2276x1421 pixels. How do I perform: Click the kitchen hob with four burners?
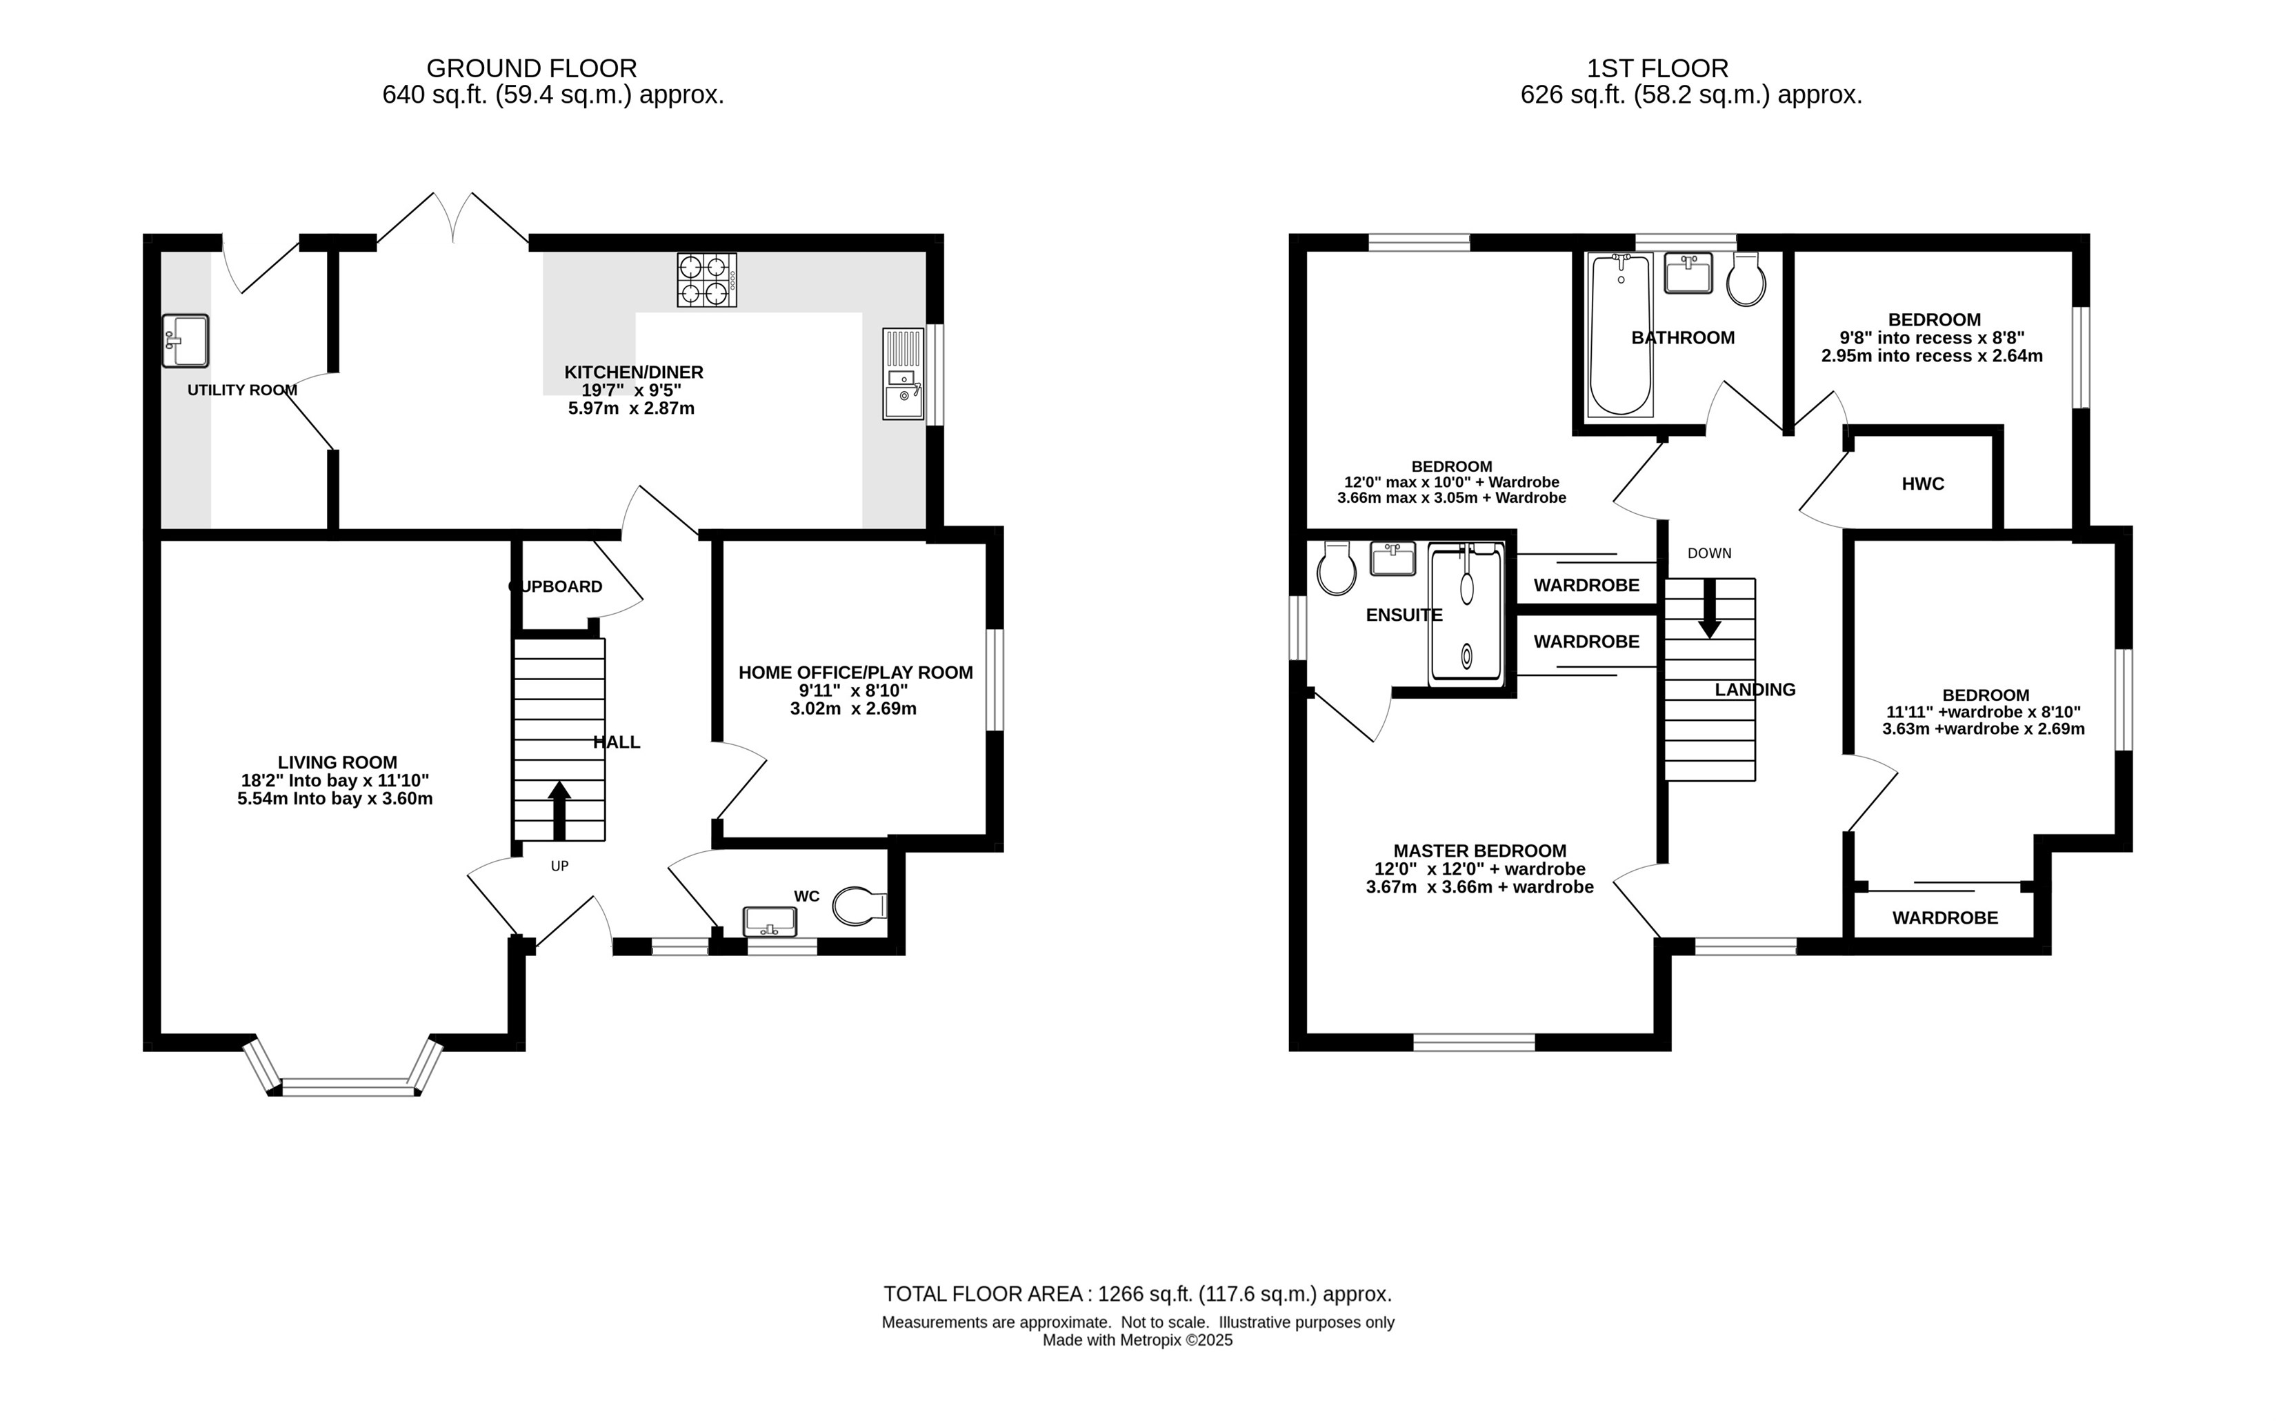pos(707,280)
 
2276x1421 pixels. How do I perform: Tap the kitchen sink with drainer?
pos(903,373)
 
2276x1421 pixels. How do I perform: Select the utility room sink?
pos(185,340)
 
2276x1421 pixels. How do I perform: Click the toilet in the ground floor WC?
pos(860,906)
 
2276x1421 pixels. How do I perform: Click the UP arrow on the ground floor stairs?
pos(559,810)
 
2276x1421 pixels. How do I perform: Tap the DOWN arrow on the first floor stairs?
pos(1709,608)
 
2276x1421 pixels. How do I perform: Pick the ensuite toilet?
pos(1336,568)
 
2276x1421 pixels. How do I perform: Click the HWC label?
pos(1923,484)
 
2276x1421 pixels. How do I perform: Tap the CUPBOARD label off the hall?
pos(555,586)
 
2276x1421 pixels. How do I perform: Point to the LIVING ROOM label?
pos(337,762)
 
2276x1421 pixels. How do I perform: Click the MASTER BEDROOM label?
pos(1480,851)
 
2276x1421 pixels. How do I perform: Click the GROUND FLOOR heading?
pos(532,68)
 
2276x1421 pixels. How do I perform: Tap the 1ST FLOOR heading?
pos(1657,68)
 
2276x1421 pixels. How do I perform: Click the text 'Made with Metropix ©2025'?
pos(1137,1340)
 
